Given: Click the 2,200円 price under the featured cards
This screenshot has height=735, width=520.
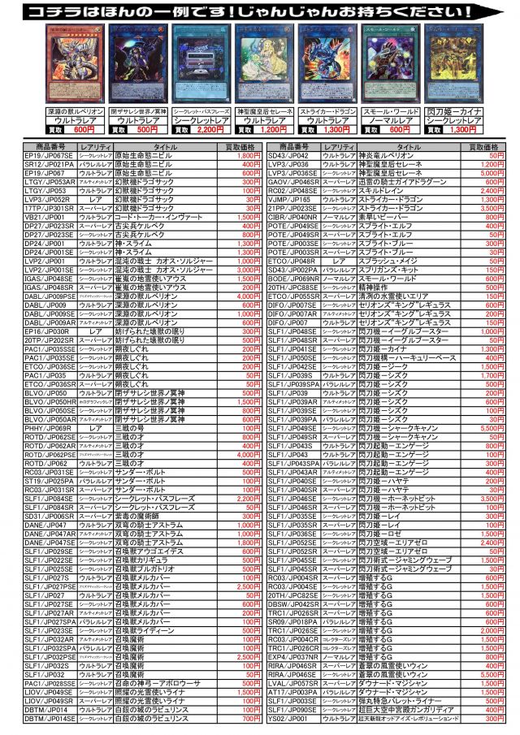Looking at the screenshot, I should (210, 129).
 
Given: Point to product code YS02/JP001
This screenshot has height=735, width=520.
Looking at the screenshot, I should (288, 719).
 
